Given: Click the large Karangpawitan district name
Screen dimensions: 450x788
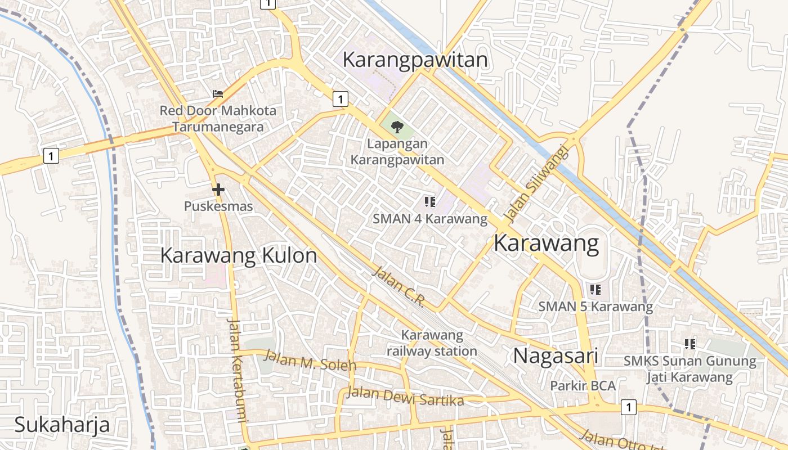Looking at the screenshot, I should (x=415, y=60).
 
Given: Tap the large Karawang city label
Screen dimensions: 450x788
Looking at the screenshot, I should (x=546, y=244).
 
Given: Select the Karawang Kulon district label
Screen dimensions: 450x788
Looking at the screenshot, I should (x=239, y=255).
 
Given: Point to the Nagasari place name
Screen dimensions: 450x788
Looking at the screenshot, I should (x=555, y=355).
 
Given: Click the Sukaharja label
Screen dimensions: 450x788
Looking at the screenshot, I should (x=62, y=425).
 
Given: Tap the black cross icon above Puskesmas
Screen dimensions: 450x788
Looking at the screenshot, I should (x=218, y=190).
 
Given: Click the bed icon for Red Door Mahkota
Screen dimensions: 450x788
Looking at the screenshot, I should (x=218, y=93).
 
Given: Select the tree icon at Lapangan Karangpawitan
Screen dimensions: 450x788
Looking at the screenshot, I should (x=397, y=127).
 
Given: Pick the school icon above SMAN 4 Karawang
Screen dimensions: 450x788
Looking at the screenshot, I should (x=430, y=201).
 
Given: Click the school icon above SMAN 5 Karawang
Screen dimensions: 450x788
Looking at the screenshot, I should (x=596, y=290).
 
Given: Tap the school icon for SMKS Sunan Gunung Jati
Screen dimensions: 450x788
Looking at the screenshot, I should (x=690, y=344).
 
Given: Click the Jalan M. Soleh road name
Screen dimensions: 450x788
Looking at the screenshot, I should (x=310, y=360).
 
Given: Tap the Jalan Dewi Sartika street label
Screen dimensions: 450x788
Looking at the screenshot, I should (x=405, y=396).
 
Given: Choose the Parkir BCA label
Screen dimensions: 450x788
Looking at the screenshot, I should (x=583, y=386).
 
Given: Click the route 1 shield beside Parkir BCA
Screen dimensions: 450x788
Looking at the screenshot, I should (x=628, y=407).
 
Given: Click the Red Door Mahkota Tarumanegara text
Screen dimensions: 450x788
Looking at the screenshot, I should (x=218, y=119).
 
